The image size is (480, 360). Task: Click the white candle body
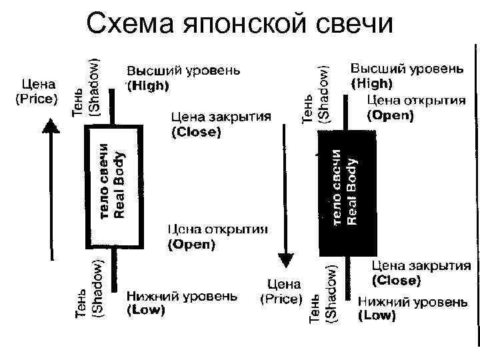tap(113, 185)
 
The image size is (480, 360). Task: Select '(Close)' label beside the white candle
tap(196, 132)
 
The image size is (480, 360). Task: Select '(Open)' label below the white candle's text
tap(191, 244)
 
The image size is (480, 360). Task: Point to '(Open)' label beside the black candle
tap(391, 115)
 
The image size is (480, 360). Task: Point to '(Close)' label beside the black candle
tap(396, 280)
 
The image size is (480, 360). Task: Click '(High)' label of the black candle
tap(372, 84)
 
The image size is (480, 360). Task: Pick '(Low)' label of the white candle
tap(146, 309)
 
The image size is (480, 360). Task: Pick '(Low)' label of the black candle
tap(377, 316)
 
